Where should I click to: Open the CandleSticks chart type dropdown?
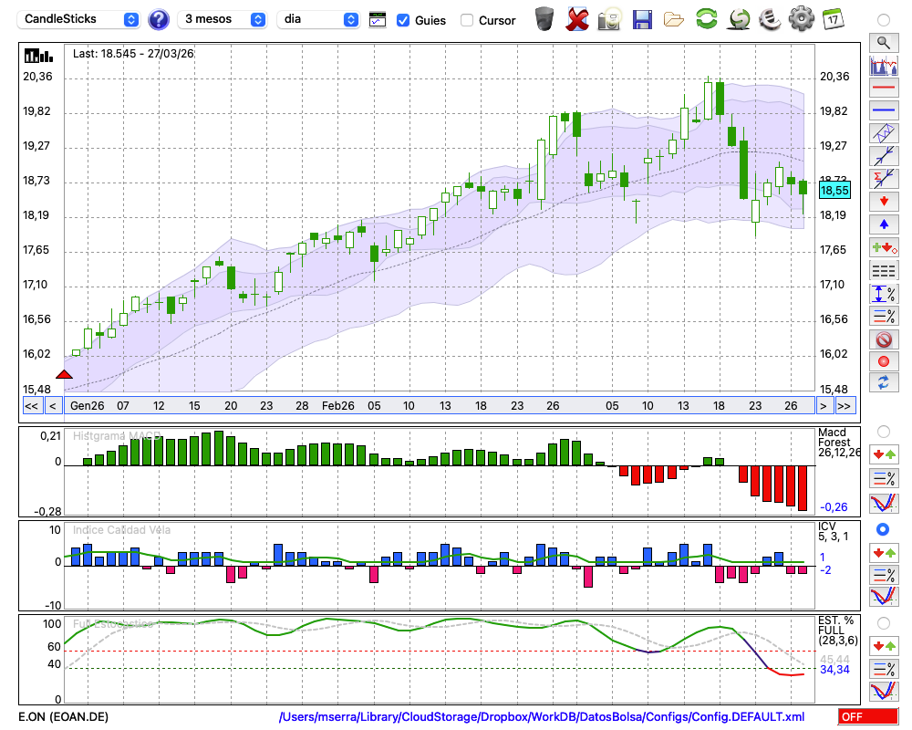[80, 19]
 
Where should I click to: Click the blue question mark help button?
[159, 19]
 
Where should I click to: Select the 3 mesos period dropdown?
[223, 19]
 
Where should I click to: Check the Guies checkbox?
[403, 20]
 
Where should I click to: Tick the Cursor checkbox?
[467, 20]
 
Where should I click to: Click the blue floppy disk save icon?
[642, 18]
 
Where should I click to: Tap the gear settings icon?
[801, 18]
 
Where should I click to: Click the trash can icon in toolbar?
[544, 18]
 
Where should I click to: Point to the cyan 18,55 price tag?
[834, 190]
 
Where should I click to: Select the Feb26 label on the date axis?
[338, 405]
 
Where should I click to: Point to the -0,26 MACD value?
[834, 506]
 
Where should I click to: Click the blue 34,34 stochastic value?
[834, 670]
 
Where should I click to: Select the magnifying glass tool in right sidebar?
[883, 42]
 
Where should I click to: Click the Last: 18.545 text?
[133, 54]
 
